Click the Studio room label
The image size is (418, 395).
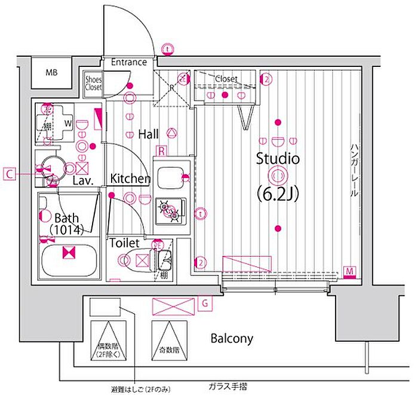pyautogui.click(x=277, y=159)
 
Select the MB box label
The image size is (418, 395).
pyautogui.click(x=52, y=73)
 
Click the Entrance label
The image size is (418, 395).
pyautogui.click(x=128, y=62)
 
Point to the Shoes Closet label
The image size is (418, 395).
pyautogui.click(x=93, y=82)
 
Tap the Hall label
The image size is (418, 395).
pyautogui.click(x=148, y=134)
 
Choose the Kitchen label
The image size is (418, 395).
pyautogui.click(x=130, y=178)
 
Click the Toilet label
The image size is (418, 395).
pyautogui.click(x=124, y=243)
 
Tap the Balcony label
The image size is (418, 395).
pyautogui.click(x=232, y=339)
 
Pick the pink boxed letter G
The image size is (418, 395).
pyautogui.click(x=204, y=303)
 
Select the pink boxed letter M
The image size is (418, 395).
pyautogui.click(x=350, y=272)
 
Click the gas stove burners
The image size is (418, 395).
pyautogui.click(x=167, y=210)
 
